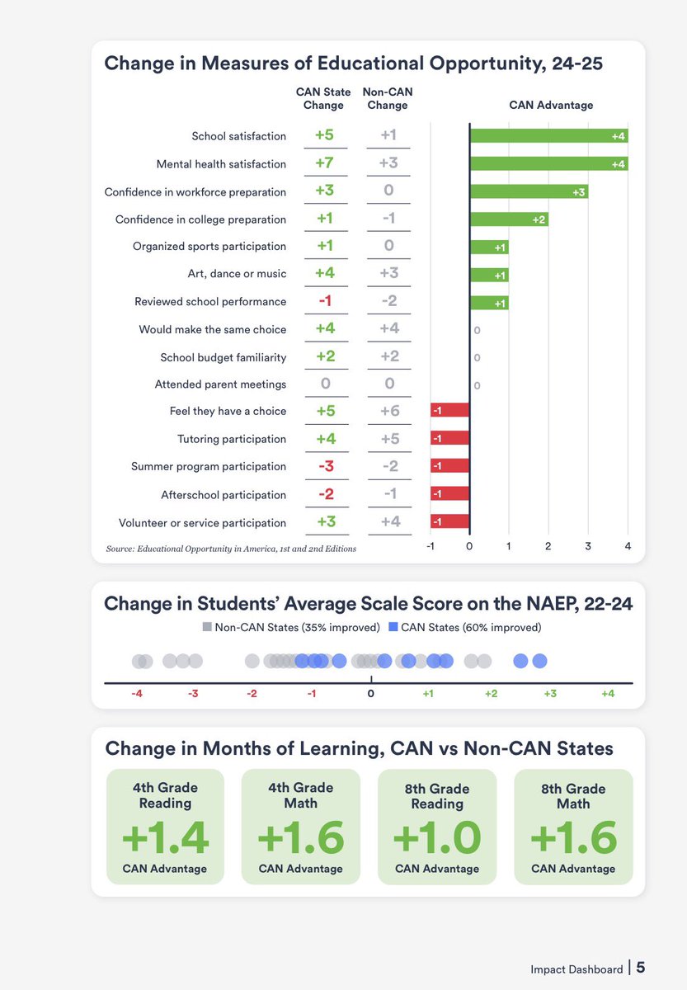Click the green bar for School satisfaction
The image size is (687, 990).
[x=548, y=135]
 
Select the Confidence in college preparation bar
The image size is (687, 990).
[x=509, y=219]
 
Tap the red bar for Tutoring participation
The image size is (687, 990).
[x=449, y=438]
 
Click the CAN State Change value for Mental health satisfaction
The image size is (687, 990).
[x=324, y=163]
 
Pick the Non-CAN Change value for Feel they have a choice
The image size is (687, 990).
[x=388, y=411]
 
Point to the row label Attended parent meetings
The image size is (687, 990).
[x=220, y=384]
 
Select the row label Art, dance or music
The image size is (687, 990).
[x=237, y=274]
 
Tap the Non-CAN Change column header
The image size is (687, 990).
[x=388, y=98]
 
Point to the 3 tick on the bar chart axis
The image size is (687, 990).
[x=588, y=545]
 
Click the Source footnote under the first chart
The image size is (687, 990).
[x=231, y=548]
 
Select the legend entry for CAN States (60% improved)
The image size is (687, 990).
[x=465, y=627]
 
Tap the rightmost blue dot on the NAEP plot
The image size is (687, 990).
[x=539, y=661]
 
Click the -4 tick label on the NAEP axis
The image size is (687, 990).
[x=137, y=694]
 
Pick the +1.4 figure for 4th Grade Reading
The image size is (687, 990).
[x=165, y=837]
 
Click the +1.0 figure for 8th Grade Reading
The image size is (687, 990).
[x=437, y=837]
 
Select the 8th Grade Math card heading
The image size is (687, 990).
[x=573, y=795]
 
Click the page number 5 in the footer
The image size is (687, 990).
[x=640, y=967]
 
